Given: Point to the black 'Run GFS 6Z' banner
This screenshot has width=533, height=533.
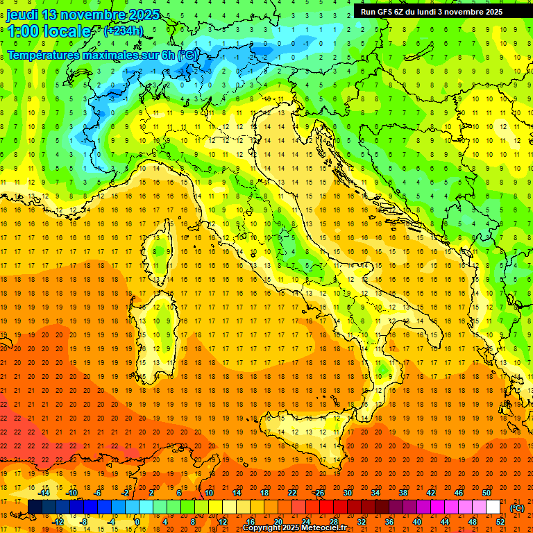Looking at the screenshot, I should coord(430,11).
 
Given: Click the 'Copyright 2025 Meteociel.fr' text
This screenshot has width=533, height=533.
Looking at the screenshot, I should coord(299,528).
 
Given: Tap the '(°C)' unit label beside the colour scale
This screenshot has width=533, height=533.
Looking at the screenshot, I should coord(517,508).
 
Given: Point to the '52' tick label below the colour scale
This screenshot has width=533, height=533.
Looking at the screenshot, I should coord(500,522).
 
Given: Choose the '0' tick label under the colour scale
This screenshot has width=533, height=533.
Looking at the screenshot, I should coord(137,522).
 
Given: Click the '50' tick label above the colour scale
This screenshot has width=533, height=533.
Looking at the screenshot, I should coord(487,493).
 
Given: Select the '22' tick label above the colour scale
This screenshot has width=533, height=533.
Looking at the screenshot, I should coord(292,493).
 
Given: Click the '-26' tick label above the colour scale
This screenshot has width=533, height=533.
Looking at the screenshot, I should coord(319,493).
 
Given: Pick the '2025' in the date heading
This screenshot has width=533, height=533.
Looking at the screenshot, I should coord(144,15).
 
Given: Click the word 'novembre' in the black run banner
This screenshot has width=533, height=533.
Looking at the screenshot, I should coord(459,12).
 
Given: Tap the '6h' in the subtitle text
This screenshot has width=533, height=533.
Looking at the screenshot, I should coord(167,55).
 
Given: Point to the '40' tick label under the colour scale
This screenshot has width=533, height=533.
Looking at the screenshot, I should coord(417,522).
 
